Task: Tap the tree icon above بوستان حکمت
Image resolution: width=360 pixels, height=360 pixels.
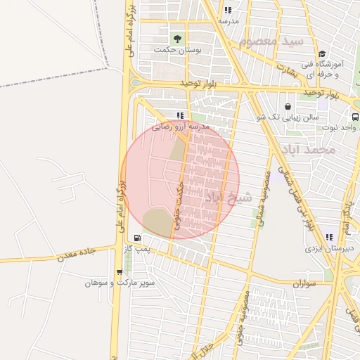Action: tap(176, 37)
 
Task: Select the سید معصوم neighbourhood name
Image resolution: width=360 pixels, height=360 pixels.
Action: tap(271, 42)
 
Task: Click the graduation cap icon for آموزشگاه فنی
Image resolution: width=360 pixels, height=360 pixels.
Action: tap(322, 54)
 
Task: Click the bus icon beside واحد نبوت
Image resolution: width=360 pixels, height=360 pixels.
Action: tap(355, 117)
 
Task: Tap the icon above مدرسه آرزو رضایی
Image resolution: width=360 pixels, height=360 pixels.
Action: tap(180, 115)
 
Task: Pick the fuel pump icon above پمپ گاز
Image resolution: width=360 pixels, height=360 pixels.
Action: tap(136, 238)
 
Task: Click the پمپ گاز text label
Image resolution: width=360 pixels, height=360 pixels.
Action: tap(135, 249)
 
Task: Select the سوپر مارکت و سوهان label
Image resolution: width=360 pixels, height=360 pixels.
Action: tap(109, 283)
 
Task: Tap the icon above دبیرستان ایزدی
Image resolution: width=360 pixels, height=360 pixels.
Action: tap(329, 237)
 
